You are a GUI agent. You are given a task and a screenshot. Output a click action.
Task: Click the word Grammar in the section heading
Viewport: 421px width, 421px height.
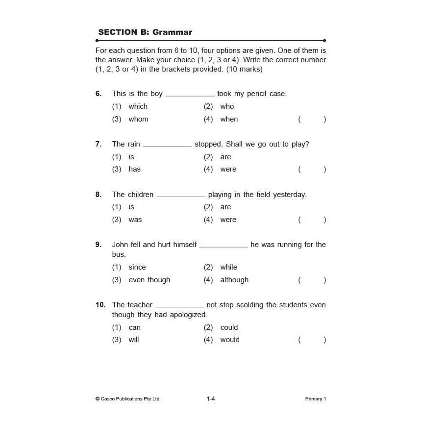[172, 32]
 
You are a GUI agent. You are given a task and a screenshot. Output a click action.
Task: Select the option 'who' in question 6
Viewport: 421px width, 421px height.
[227, 106]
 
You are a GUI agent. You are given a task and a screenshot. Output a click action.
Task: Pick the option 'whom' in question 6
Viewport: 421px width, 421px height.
[138, 119]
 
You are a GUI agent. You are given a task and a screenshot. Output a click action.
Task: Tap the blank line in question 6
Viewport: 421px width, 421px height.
[190, 95]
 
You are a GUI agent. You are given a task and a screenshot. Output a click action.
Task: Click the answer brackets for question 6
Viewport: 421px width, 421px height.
[312, 119]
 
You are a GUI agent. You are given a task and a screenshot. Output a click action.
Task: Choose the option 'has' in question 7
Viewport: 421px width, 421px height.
[134, 169]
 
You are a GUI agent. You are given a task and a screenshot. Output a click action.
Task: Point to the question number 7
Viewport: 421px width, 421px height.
[99, 144]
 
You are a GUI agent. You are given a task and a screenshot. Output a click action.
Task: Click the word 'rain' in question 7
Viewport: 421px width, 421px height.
[134, 144]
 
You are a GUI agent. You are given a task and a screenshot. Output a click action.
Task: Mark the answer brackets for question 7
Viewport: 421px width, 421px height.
[312, 169]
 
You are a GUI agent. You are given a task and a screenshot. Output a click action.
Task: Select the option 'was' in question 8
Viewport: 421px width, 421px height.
[135, 220]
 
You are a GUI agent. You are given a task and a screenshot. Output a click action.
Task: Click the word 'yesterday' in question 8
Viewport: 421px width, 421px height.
[289, 195]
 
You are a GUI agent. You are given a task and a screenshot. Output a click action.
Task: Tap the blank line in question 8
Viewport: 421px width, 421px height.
[181, 196]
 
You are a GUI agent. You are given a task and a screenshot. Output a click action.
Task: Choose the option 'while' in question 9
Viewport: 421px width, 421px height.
[228, 267]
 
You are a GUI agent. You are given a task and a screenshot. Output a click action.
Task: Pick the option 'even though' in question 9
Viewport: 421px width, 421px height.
[149, 280]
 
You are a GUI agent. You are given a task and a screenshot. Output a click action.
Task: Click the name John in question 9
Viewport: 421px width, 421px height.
[120, 245]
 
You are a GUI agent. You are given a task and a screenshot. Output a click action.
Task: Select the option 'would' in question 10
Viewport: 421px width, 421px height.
[230, 340]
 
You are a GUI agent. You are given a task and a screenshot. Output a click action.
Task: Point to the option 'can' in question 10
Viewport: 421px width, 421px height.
[134, 327]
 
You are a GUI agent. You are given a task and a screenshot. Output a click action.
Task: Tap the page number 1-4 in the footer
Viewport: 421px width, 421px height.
[211, 399]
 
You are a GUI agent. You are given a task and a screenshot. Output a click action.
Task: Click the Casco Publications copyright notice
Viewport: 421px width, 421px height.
[127, 399]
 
